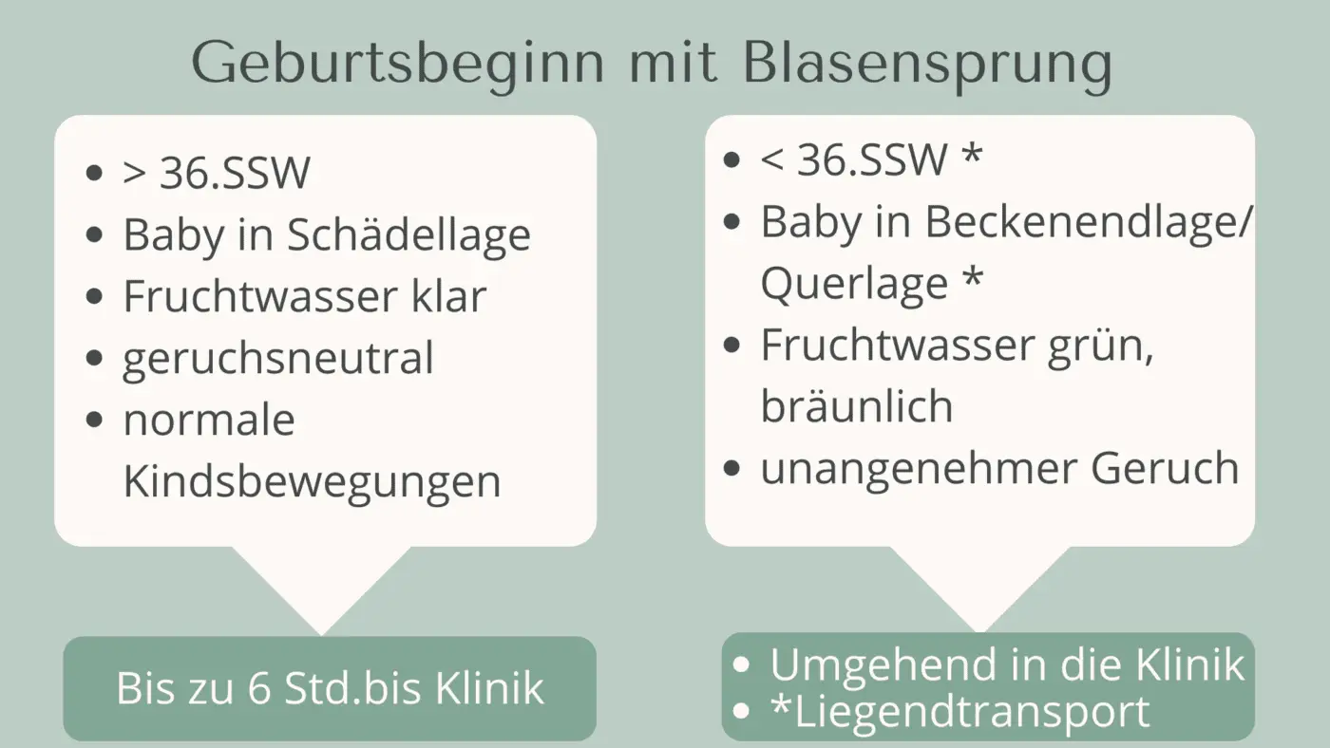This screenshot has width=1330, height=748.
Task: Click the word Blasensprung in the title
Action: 927,65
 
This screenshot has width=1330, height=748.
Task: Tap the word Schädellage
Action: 409,235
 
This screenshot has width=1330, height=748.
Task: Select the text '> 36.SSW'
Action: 217,174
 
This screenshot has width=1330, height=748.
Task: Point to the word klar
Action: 448,296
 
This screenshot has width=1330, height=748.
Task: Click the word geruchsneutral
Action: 277,359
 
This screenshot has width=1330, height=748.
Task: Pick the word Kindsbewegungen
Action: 312,482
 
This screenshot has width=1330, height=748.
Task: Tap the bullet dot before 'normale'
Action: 93,421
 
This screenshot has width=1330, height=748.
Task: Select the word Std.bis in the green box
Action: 355,688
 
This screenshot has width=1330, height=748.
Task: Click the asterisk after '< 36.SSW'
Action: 971,159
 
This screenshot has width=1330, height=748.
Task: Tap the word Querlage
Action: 854,285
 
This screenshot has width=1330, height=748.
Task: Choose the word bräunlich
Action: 856,406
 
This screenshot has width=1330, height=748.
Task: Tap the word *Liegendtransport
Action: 959,712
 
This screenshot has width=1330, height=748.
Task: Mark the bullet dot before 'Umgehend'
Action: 742,664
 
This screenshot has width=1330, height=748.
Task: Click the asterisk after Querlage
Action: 971,283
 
